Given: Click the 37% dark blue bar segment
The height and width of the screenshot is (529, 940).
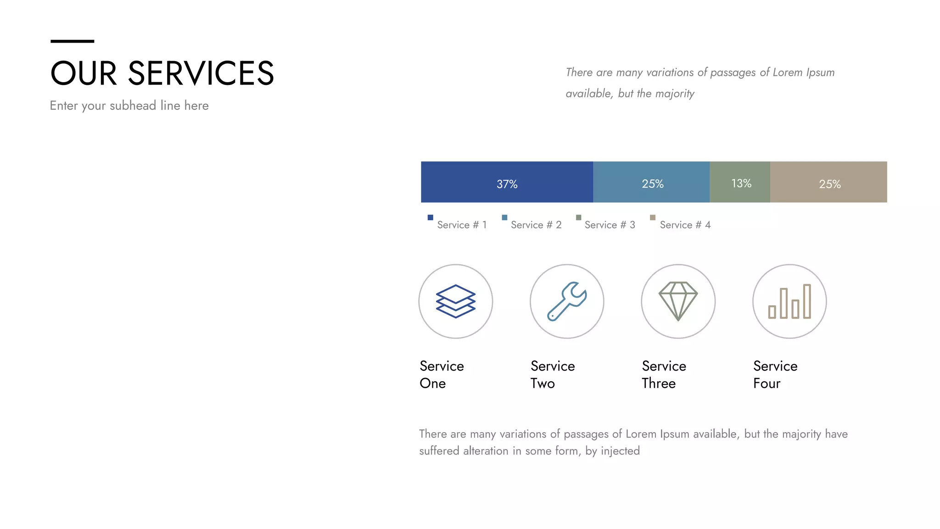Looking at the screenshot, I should tap(507, 182).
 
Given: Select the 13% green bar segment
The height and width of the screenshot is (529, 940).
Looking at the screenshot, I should tap(740, 182).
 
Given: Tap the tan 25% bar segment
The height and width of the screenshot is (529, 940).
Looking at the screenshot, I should tap(828, 182).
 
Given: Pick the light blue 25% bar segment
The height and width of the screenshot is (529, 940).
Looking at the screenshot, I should tap(651, 182).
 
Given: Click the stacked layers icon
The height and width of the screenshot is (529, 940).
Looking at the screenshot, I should tap(455, 301).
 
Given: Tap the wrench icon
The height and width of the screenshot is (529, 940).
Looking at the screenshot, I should tap(567, 301).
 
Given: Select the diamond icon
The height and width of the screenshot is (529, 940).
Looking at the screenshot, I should tap(678, 301).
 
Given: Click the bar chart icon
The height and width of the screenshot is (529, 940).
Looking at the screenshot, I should tap(789, 301).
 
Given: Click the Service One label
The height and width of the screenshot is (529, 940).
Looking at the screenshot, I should tap(442, 374).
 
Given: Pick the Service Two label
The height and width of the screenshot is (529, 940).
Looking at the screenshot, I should tap(553, 374).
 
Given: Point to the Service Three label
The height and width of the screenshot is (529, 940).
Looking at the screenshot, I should tap(664, 374).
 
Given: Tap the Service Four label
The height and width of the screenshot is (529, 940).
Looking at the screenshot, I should tap(775, 374).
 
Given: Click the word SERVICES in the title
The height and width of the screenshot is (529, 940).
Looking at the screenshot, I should tap(201, 73).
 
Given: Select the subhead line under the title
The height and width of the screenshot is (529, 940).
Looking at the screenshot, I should tap(129, 106).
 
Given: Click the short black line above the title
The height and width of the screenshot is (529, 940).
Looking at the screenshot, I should tap(72, 41).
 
